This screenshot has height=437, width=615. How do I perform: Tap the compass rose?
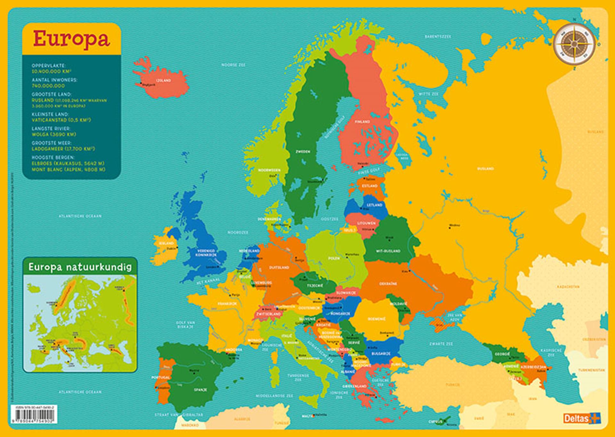575,44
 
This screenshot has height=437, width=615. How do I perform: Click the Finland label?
362,122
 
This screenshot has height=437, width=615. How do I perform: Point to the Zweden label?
302,152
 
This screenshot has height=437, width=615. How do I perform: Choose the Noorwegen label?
269,170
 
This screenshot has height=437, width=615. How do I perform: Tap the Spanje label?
200,390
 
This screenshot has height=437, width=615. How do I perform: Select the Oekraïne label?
388,284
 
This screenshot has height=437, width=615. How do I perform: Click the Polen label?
334,258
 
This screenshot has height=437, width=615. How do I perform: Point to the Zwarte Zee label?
441,344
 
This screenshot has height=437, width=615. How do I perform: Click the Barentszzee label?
438,37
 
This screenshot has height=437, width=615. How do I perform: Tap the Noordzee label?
238,232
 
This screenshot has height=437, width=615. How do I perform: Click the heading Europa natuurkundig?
80,267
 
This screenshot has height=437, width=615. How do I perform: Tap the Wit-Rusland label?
388,251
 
